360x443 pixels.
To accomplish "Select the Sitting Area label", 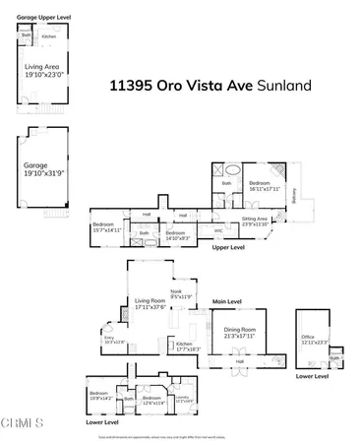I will (x=256, y=221).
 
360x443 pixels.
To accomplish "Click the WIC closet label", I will (x=218, y=230).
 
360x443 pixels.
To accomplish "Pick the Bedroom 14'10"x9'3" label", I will (x=177, y=234).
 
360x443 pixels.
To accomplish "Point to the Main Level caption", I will (x=227, y=301).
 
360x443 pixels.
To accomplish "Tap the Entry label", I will (x=108, y=342).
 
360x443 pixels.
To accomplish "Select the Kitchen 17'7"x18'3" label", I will (x=187, y=347).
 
